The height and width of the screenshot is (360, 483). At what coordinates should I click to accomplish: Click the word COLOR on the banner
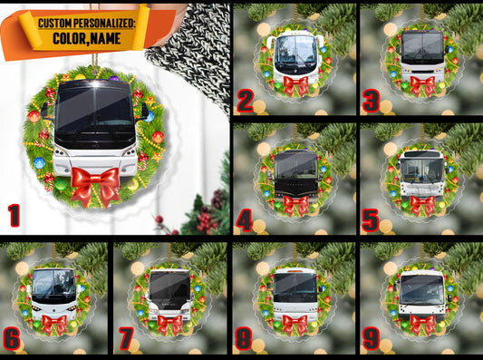click(68, 38)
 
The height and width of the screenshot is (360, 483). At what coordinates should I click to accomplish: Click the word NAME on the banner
click(104, 38)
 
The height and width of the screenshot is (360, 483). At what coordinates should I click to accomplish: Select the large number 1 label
click(14, 216)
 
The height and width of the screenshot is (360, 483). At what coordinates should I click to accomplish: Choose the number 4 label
click(245, 220)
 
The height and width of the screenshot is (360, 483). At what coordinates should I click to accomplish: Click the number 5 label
click(371, 220)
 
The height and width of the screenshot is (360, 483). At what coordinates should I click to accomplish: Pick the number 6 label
click(12, 339)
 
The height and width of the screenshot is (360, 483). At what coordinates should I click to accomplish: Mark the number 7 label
click(126, 339)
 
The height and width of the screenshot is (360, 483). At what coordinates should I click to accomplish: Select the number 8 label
click(244, 339)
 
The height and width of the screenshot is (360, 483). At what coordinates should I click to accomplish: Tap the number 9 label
click(371, 339)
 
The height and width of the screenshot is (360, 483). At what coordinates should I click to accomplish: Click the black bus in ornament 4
click(295, 174)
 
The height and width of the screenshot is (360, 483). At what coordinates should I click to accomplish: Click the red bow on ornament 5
click(422, 205)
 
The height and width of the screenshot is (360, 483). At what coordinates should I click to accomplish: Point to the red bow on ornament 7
click(169, 324)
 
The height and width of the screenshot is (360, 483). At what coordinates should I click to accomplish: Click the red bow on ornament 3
click(422, 85)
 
